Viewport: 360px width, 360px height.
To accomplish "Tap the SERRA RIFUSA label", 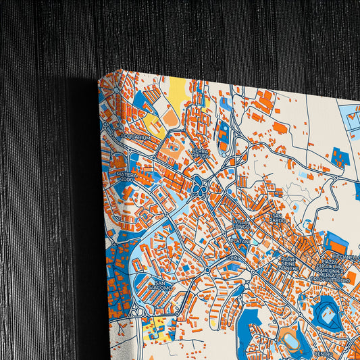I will pos(199,152).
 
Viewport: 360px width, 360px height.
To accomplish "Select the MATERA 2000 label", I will pos(127,177).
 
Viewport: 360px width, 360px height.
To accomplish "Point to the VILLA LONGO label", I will pos(241,224).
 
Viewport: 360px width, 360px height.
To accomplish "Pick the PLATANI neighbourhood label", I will pos(240,240).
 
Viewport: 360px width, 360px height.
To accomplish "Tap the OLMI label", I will pos(232,257).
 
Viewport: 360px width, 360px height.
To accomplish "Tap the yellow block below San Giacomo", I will pos(157,326).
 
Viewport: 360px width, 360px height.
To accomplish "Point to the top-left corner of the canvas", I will pos(99,78).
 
